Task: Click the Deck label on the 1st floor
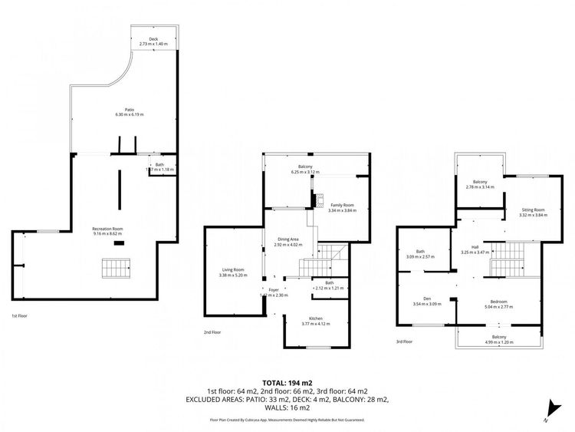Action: pos(153,39)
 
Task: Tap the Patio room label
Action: pos(129,110)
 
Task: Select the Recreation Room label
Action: pos(107,228)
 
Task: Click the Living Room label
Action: pos(233,269)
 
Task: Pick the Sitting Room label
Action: pos(532,209)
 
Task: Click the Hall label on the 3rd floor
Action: pos(475,247)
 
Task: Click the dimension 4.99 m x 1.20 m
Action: pos(498,342)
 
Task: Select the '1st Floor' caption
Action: pos(20,316)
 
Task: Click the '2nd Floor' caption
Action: pos(212,332)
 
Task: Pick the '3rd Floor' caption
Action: pos(404,341)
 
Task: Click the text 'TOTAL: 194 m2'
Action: pos(287,382)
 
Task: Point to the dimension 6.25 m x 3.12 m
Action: pos(305,172)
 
